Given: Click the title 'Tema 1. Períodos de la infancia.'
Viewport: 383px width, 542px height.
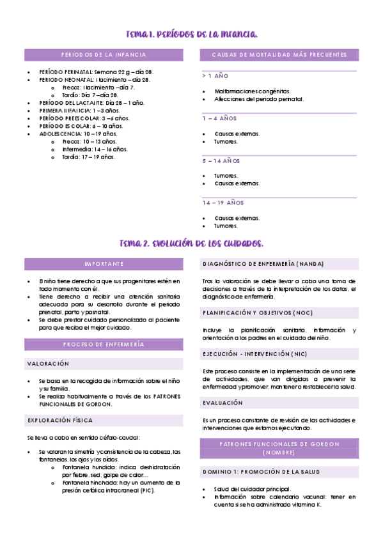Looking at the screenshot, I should (x=192, y=33).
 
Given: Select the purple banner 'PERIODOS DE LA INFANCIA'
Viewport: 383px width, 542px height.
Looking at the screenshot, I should (x=104, y=55).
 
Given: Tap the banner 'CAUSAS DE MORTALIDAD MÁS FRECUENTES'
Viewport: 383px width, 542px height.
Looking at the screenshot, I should (x=279, y=55).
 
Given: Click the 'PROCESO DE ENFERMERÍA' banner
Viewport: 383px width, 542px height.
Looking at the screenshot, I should (x=104, y=345).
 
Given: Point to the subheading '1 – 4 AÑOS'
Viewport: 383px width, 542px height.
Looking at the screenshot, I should (x=219, y=119).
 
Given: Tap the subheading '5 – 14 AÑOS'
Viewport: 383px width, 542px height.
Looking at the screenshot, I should (x=221, y=161).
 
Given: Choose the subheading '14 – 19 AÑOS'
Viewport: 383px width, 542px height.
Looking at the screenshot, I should (x=223, y=203).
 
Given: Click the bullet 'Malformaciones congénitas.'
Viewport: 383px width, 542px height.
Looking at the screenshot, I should (x=252, y=91).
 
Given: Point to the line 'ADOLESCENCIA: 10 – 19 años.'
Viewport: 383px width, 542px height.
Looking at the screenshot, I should (x=78, y=134).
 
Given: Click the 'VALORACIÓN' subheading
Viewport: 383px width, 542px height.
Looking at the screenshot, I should (x=47, y=364).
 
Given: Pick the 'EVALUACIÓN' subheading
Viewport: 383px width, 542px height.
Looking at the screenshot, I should (x=223, y=403).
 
